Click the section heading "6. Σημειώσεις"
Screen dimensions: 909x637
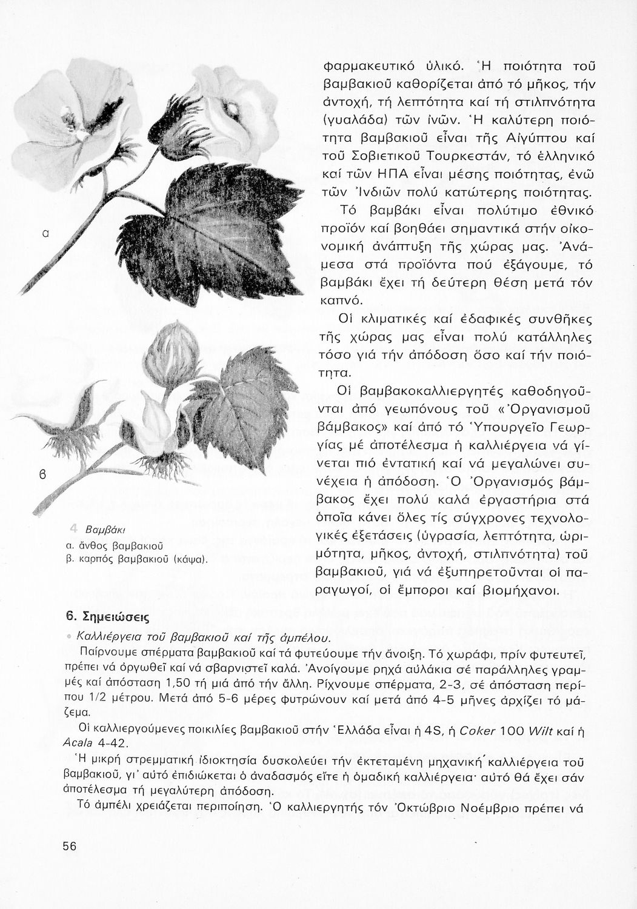107,616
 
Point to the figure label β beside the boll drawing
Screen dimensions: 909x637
44,473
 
